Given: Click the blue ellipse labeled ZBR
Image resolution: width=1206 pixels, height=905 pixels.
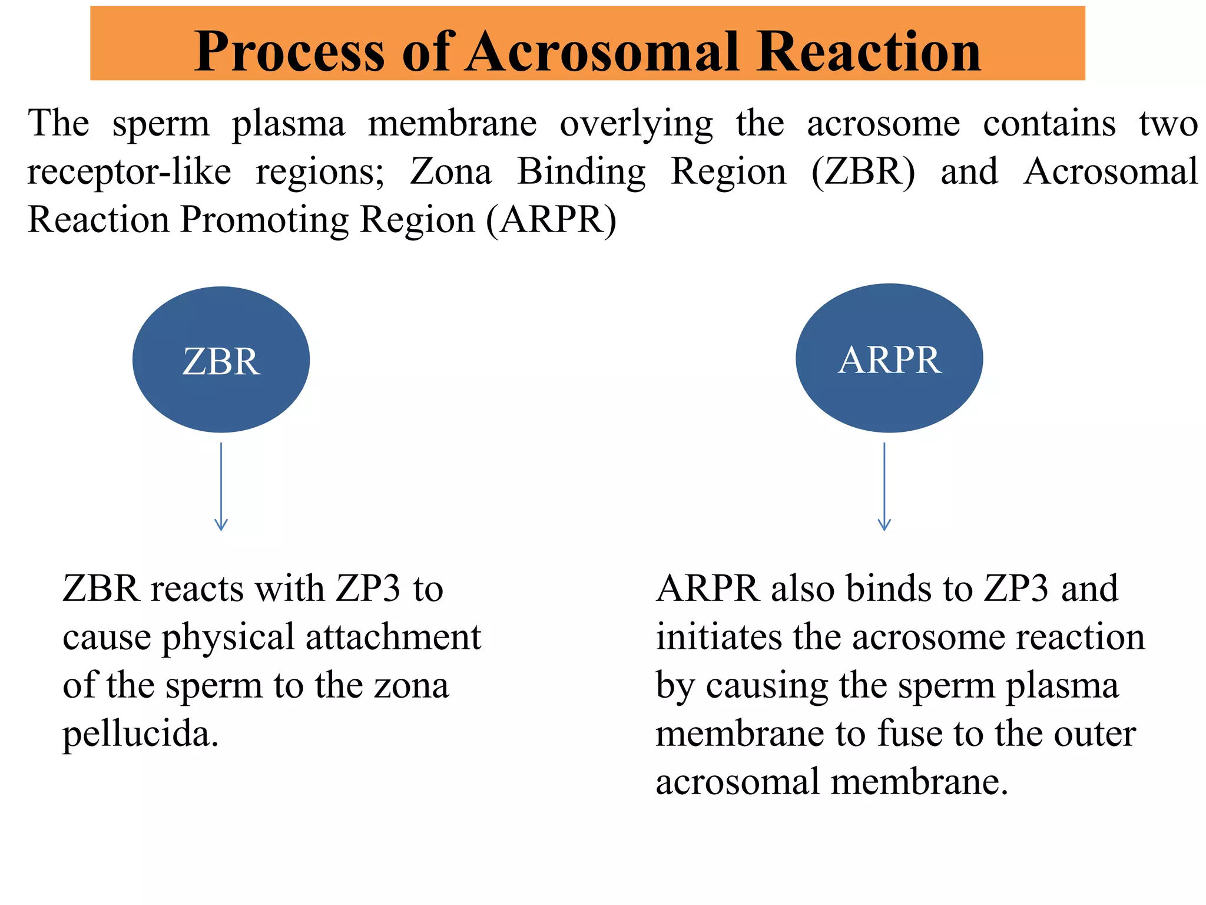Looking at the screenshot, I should (x=221, y=359).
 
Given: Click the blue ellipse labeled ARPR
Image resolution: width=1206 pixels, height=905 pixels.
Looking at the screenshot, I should (x=889, y=358).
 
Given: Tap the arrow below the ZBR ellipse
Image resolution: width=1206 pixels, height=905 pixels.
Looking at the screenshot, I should (x=221, y=487).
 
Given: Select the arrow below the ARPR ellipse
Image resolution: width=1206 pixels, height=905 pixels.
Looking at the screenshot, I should (x=884, y=487).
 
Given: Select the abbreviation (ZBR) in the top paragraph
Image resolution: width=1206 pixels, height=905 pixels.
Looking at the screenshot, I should (x=863, y=171).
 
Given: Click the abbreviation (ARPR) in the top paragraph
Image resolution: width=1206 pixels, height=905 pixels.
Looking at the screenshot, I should (x=551, y=220).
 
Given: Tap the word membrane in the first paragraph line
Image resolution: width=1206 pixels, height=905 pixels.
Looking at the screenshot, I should (x=452, y=124).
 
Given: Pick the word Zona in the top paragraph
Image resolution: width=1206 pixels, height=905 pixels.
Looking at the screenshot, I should (x=450, y=171).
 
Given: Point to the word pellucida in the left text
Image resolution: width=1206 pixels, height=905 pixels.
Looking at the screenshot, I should (x=141, y=734).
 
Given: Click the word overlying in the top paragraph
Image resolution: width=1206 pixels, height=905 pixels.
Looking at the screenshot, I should (x=636, y=124).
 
